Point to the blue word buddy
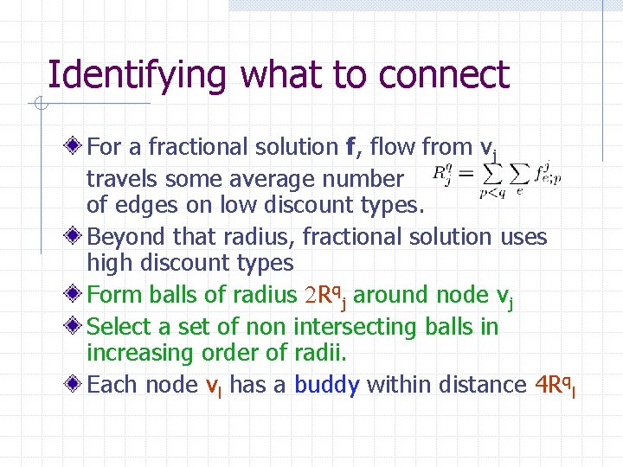click(x=326, y=385)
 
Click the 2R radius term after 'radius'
click(x=325, y=296)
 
